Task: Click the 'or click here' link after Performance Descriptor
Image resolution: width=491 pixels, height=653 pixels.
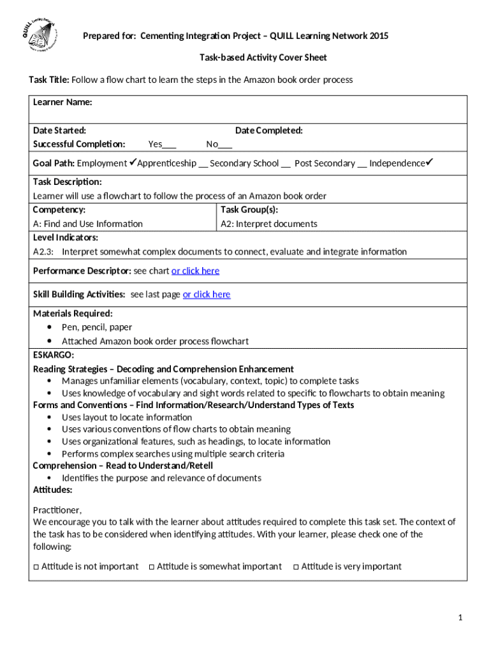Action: (195, 270)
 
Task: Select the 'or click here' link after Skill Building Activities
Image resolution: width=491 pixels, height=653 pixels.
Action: (207, 294)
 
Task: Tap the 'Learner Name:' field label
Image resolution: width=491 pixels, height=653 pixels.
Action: (62, 102)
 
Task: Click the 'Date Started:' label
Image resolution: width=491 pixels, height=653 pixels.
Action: (60, 130)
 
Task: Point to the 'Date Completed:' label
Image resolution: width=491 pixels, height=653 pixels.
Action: (268, 130)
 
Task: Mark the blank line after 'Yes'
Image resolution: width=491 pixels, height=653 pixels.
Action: (170, 145)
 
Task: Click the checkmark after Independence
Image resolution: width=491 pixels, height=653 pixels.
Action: (430, 162)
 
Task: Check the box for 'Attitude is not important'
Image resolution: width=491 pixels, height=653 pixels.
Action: (36, 566)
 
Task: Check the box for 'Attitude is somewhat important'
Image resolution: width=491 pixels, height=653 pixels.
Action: (151, 566)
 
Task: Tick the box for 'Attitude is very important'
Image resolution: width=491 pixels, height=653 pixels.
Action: (296, 566)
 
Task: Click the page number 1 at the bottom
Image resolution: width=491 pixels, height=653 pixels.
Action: (460, 617)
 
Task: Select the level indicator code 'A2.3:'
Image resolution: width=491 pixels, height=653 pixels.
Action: (43, 251)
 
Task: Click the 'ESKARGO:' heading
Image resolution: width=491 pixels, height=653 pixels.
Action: (54, 355)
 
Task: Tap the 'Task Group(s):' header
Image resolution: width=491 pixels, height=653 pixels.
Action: (249, 209)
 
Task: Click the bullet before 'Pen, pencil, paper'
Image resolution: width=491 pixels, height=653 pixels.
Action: (50, 327)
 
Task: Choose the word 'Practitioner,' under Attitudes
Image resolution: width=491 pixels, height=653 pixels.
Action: (57, 510)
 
